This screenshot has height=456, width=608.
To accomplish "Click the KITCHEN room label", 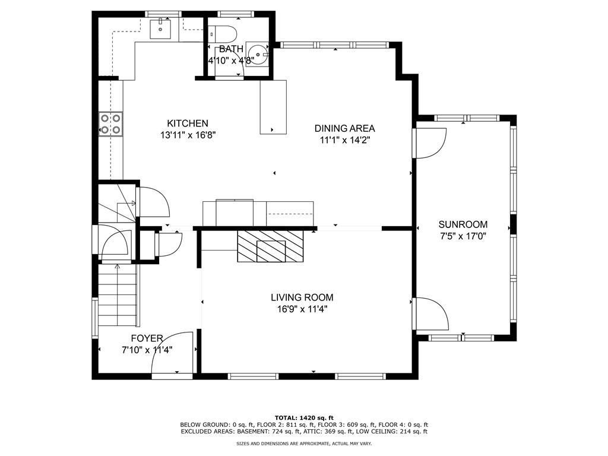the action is tap(188, 123).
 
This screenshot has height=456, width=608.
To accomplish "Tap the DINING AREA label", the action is tap(344, 128).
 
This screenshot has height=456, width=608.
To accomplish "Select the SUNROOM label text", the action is tap(463, 224).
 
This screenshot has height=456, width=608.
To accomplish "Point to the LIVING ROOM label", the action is tap(302, 297).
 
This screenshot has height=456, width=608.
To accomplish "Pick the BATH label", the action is tap(231, 49).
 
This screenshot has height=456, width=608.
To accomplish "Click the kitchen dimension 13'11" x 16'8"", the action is tap(188, 135).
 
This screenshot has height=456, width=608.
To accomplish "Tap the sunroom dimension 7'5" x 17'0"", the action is tap(463, 236).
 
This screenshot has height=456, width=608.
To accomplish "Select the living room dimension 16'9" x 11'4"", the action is tap(302, 309).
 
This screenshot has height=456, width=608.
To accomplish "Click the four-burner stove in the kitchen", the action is tap(111, 124).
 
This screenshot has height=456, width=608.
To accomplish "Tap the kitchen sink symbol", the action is tap(160, 29).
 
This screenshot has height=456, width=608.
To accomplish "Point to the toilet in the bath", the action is tap(222, 34).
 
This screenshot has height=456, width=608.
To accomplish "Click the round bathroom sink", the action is tap(258, 55).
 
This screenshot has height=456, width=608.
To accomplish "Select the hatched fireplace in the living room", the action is tap(271, 246).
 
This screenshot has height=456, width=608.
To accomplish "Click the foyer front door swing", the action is tap(172, 352).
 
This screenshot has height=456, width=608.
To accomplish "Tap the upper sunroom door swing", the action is tap(430, 143).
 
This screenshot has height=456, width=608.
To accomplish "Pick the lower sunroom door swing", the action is tap(430, 313).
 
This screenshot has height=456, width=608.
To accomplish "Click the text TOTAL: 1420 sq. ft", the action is tap(304, 417).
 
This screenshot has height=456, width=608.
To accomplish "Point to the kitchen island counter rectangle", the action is tap(273, 107).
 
